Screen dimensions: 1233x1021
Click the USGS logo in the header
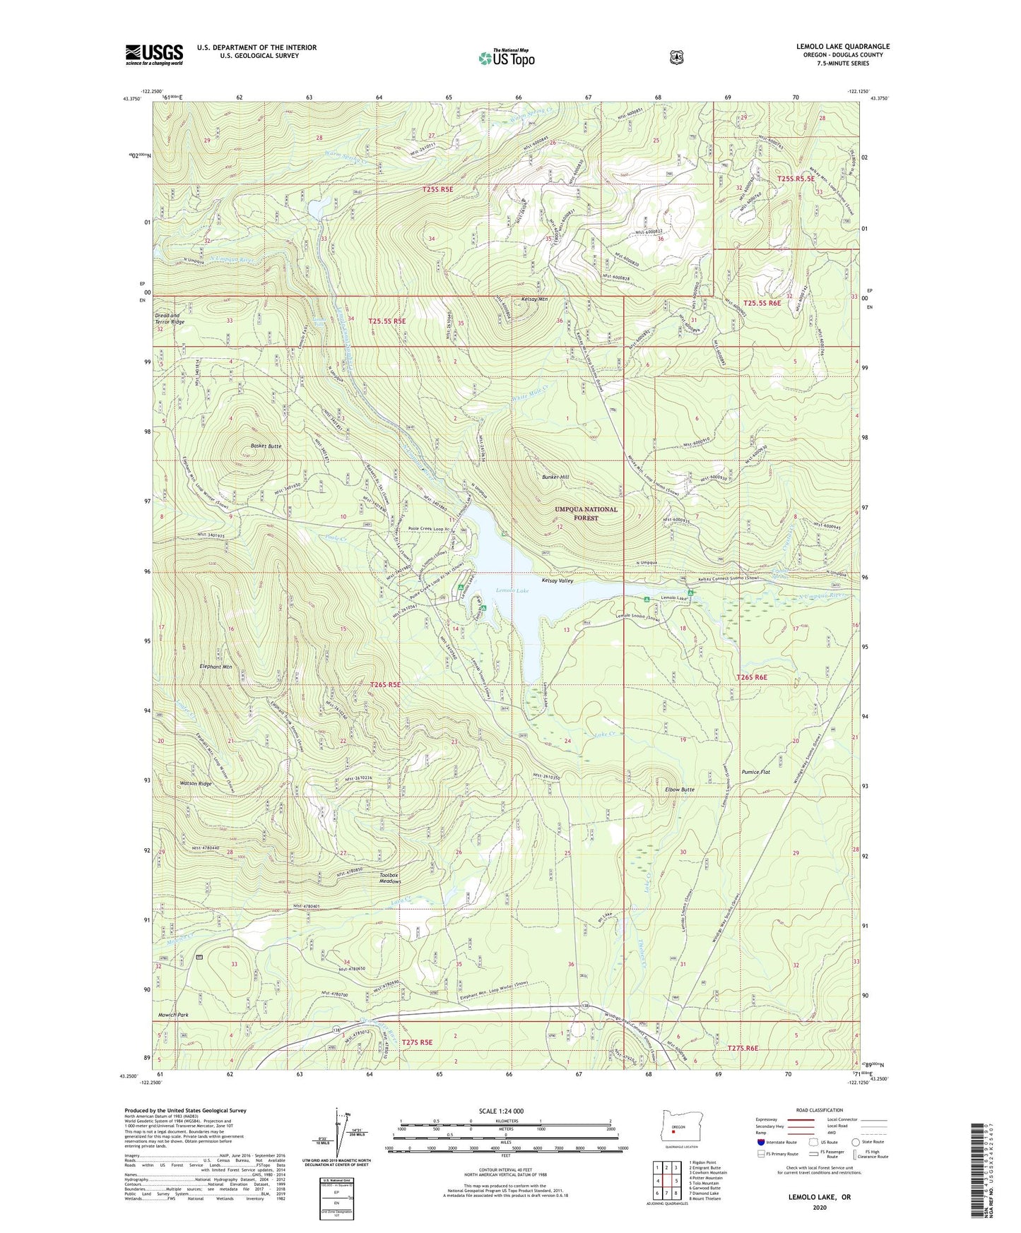click(154, 54)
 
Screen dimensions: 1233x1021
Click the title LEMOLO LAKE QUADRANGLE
click(842, 47)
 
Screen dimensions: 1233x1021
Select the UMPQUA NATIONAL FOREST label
click(586, 513)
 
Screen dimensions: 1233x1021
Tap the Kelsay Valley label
click(557, 580)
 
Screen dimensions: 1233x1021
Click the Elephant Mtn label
click(216, 667)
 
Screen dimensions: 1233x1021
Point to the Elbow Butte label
click(680, 790)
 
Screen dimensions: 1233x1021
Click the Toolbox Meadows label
click(389, 878)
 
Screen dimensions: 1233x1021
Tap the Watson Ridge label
click(195, 784)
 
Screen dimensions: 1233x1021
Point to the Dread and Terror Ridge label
click(170, 318)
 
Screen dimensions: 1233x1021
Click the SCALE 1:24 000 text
click(500, 1111)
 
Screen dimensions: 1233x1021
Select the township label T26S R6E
click(751, 677)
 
